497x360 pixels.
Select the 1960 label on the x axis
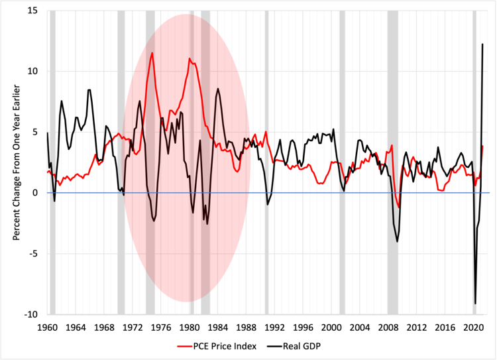coord(47,328)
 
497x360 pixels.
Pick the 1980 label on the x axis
coord(190,328)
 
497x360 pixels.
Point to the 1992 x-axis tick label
coord(275,328)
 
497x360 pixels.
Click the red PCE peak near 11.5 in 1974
coord(152,53)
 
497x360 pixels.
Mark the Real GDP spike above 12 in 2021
coord(482,44)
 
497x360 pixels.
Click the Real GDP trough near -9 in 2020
coord(475,303)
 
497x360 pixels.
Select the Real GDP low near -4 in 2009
coord(397,241)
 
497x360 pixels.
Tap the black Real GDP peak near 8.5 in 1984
coord(218,88)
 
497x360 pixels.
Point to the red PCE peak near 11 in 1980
coord(190,58)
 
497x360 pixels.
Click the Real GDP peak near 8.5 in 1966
coord(89,90)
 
